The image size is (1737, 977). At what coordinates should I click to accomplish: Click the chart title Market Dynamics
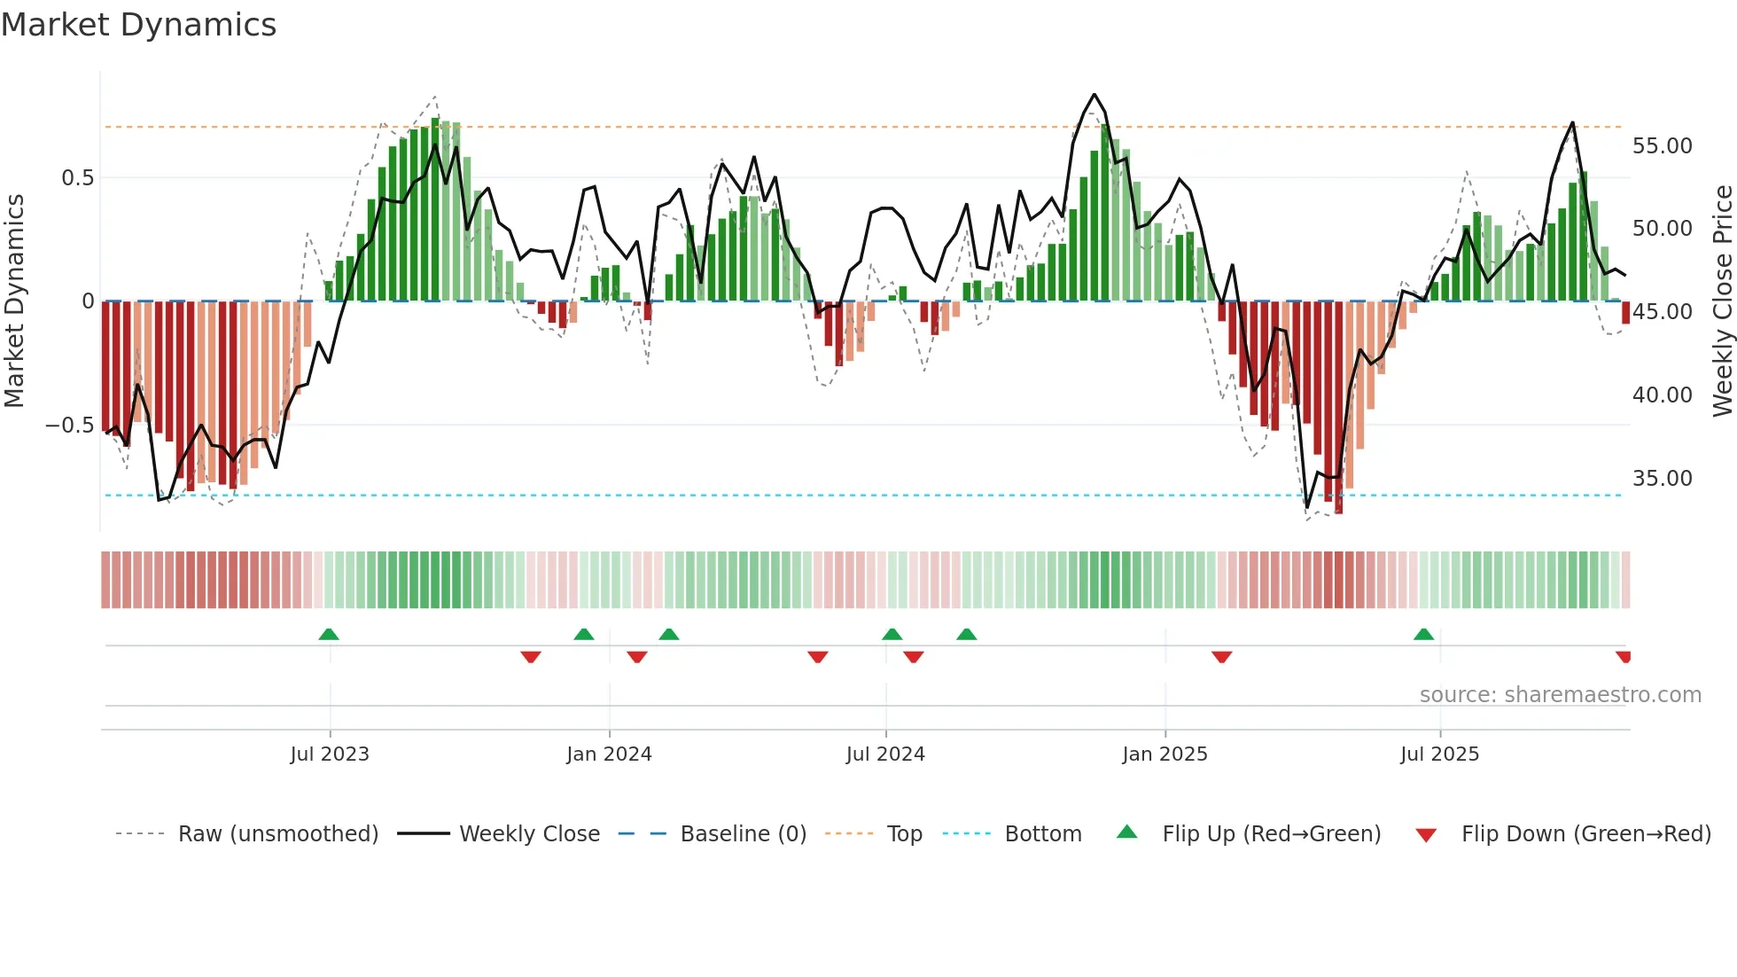138,25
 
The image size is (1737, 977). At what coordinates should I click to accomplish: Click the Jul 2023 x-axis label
330,754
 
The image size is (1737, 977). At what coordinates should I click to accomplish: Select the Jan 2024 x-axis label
609,754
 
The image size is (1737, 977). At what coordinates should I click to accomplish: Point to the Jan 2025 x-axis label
1164,754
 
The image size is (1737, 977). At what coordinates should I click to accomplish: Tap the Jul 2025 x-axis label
1439,754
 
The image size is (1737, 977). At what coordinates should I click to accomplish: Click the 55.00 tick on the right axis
1662,146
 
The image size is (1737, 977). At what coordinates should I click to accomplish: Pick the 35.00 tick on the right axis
1662,479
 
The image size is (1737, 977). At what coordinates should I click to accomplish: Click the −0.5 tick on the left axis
69,426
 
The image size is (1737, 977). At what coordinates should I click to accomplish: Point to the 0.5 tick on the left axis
77,178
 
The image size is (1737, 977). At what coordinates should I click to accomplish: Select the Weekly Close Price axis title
1722,301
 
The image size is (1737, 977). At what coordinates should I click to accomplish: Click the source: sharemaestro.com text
1560,695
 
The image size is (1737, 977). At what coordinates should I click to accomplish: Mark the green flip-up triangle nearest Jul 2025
1423,635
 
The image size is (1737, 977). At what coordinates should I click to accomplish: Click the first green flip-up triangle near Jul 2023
329,635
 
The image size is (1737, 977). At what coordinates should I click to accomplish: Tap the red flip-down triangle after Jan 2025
1221,657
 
